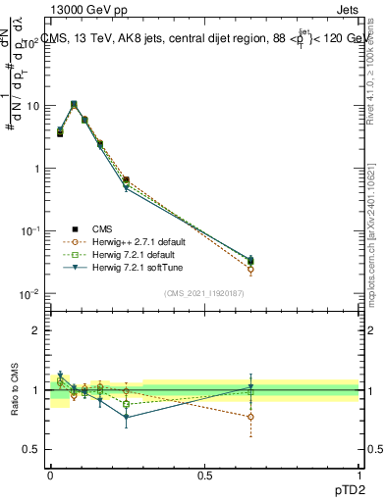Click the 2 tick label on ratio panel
[39, 330]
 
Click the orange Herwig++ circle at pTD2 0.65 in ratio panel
[251, 417]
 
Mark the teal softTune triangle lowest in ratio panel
[127, 417]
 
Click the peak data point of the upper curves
[74, 104]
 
